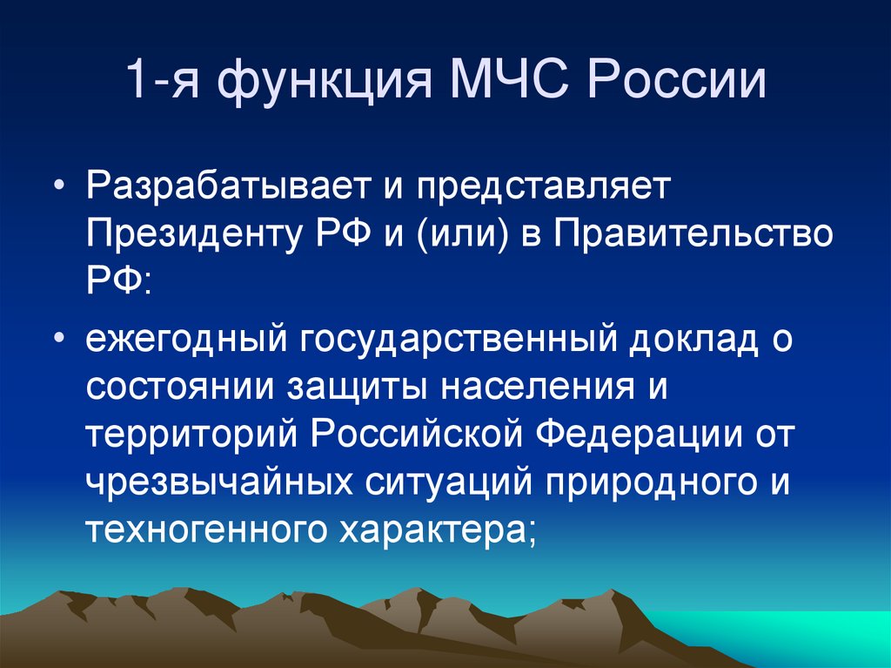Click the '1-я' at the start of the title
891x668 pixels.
click(x=161, y=82)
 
